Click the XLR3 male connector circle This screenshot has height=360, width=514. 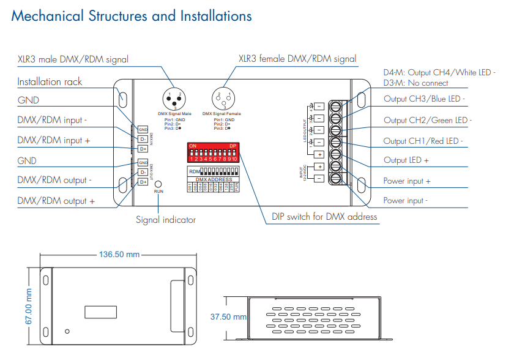pyautogui.click(x=173, y=99)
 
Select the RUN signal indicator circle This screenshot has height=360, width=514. pyautogui.click(x=158, y=184)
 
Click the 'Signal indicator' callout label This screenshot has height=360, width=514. pyautogui.click(x=166, y=219)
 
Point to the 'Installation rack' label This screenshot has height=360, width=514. pyautogui.click(x=50, y=81)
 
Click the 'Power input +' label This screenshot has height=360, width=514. pyautogui.click(x=407, y=181)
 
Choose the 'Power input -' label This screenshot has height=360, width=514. pyautogui.click(x=406, y=200)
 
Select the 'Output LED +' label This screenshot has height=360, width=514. pyautogui.click(x=406, y=160)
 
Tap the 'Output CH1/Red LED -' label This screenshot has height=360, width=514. pyautogui.click(x=423, y=141)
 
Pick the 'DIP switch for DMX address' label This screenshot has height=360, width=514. pyautogui.click(x=324, y=216)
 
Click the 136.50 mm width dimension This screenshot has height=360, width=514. pyautogui.click(x=119, y=254)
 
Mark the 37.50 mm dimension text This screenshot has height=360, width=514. pyautogui.click(x=228, y=317)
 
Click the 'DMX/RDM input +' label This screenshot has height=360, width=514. pyautogui.click(x=54, y=140)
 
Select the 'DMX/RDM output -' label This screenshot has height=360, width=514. pyautogui.click(x=55, y=181)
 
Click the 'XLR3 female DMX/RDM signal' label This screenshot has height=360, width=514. pyautogui.click(x=297, y=59)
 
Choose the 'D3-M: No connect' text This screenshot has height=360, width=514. pyautogui.click(x=415, y=83)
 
